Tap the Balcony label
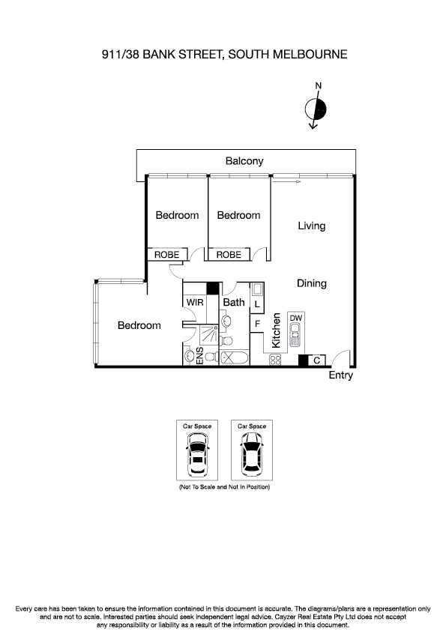tap(244, 161)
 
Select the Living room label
tap(311, 226)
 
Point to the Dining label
tap(311, 283)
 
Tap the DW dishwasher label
tap(295, 318)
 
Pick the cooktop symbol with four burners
tap(274, 360)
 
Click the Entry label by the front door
tap(340, 375)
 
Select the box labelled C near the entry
tap(316, 360)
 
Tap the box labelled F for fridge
tap(256, 324)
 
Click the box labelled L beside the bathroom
tap(256, 305)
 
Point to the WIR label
tap(195, 302)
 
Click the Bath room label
tap(234, 303)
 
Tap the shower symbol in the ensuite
tap(201, 334)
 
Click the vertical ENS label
tap(200, 356)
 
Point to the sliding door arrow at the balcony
tap(286, 181)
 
